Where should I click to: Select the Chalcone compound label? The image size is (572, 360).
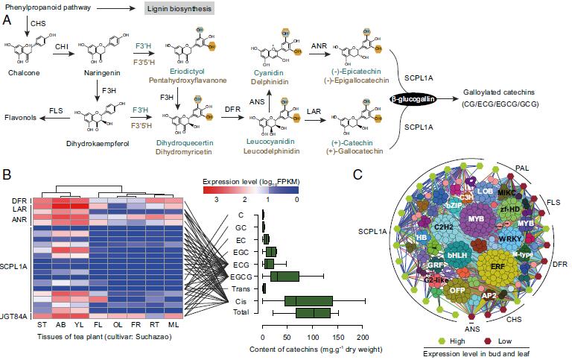click(20, 75)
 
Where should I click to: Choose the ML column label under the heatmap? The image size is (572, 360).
click(173, 326)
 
